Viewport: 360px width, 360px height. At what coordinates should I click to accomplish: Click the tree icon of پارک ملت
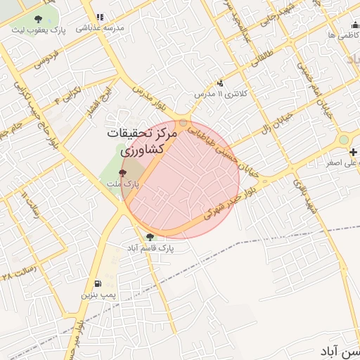(124, 172)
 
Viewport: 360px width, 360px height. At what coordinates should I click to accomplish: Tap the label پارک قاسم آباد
(148, 248)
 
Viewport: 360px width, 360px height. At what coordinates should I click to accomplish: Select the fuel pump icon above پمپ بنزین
(96, 284)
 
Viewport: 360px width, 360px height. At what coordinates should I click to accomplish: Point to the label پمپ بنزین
(96, 295)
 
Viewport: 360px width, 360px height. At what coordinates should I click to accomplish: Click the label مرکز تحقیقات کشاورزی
(136, 141)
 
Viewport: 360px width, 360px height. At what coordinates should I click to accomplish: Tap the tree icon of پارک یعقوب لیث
(37, 20)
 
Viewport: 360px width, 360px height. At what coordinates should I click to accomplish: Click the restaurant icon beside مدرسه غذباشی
(99, 17)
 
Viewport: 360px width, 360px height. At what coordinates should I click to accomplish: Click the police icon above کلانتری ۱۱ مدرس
(220, 83)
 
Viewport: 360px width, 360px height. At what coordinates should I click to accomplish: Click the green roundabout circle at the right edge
(343, 140)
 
